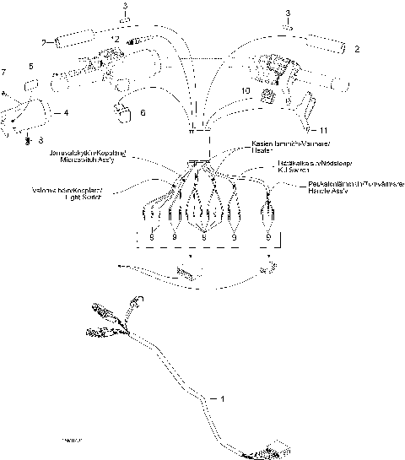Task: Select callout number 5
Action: (31, 66)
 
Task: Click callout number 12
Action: (115, 41)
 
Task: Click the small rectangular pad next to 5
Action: (32, 84)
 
